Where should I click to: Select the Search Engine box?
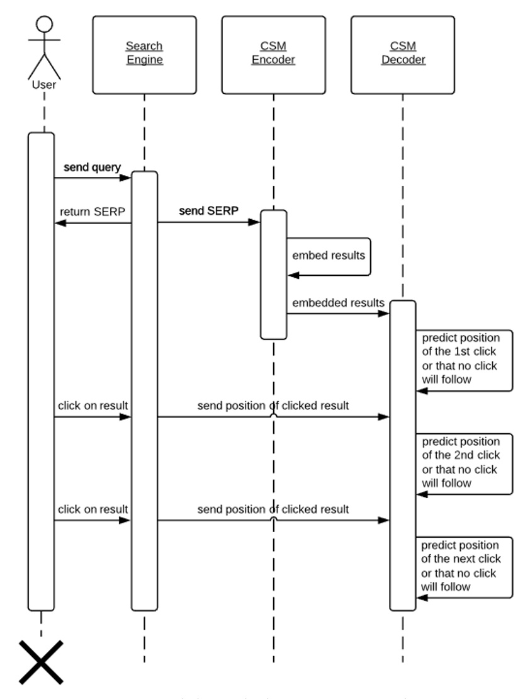pyautogui.click(x=144, y=54)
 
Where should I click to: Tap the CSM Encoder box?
pyautogui.click(x=273, y=54)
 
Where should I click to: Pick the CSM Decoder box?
pyautogui.click(x=403, y=54)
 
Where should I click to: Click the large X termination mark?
pyautogui.click(x=41, y=662)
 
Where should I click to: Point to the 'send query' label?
pyautogui.click(x=92, y=168)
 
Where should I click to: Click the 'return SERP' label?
pyautogui.click(x=94, y=211)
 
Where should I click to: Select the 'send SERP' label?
pyautogui.click(x=208, y=211)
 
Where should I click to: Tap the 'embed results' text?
pyautogui.click(x=328, y=256)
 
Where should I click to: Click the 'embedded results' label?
pyautogui.click(x=338, y=303)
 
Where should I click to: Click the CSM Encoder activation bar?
pyautogui.click(x=274, y=275)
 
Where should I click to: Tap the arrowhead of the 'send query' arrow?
pyautogui.click(x=126, y=178)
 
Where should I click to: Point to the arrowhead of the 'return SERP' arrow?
pyautogui.click(x=59, y=222)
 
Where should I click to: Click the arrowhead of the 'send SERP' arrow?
pyautogui.click(x=256, y=222)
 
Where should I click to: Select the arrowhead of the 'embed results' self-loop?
pyautogui.click(x=293, y=275)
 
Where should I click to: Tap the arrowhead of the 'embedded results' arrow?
pyautogui.click(x=385, y=313)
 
